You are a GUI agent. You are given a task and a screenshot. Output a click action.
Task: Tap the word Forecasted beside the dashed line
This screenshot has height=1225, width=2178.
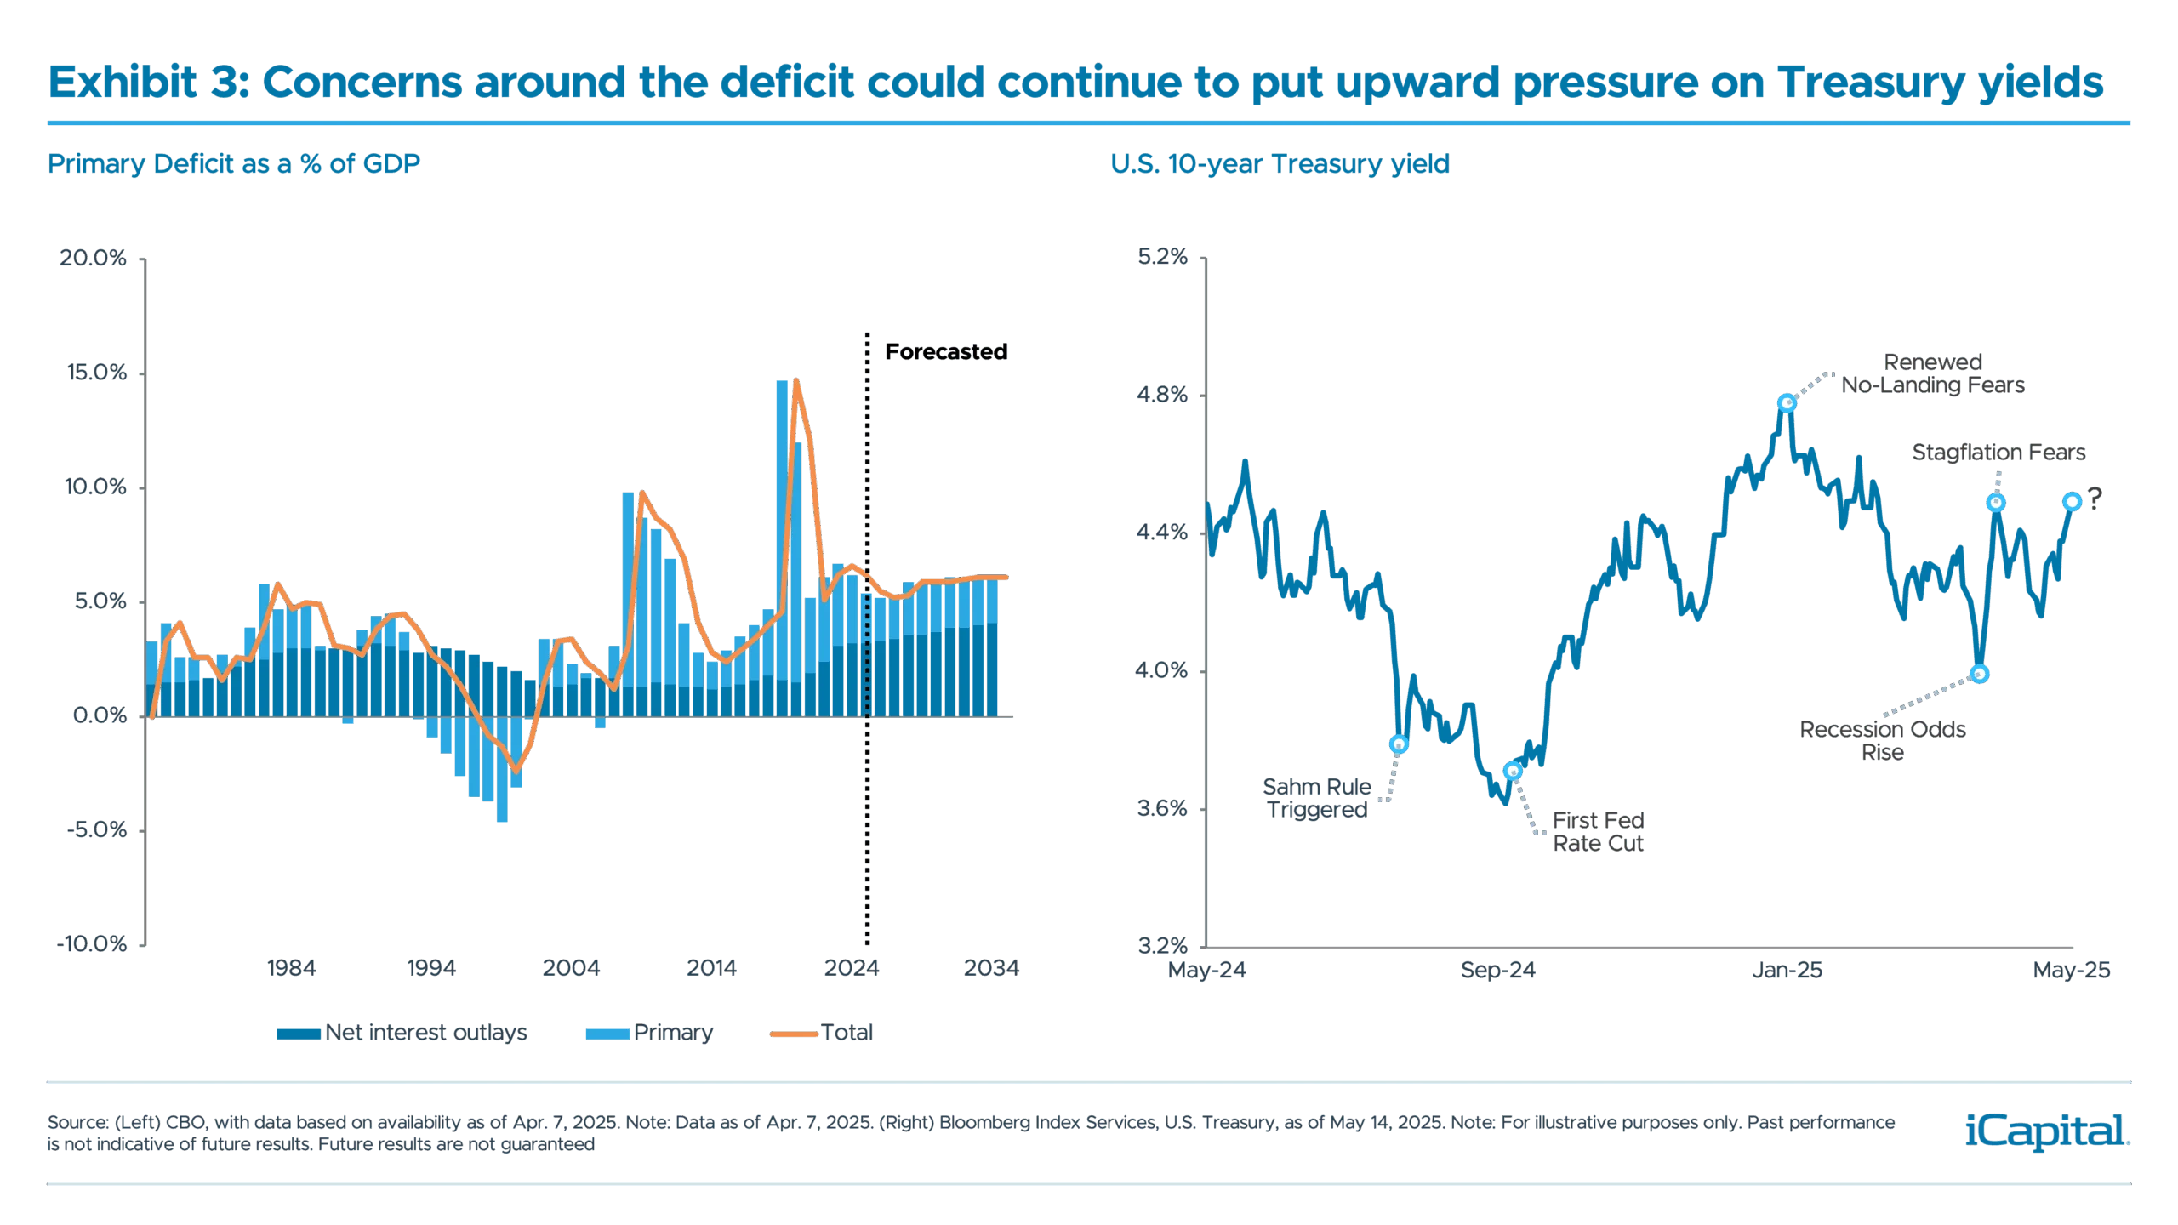[x=945, y=351]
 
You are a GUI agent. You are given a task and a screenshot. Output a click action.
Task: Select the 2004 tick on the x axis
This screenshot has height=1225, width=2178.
[x=572, y=969]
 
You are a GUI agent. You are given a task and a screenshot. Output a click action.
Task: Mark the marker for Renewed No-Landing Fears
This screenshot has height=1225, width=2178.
[x=1787, y=403]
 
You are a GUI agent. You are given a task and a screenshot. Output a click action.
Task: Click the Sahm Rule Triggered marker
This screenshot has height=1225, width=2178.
[x=1399, y=745]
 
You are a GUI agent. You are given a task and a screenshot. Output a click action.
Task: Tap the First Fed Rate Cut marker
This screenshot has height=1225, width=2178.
[x=1513, y=771]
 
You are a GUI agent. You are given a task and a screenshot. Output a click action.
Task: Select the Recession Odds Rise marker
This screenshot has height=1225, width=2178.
[x=1979, y=674]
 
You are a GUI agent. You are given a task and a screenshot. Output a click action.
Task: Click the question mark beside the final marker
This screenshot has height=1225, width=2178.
[x=2095, y=497]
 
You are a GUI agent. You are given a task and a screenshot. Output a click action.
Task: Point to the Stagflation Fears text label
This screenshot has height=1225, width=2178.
[x=1999, y=453]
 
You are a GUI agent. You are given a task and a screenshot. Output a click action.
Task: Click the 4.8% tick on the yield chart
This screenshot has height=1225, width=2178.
[x=1162, y=396]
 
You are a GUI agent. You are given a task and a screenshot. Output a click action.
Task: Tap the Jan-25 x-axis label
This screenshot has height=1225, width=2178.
[x=1787, y=971]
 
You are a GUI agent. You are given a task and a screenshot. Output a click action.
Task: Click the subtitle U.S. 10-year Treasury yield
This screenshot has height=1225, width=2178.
[x=1278, y=164]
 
